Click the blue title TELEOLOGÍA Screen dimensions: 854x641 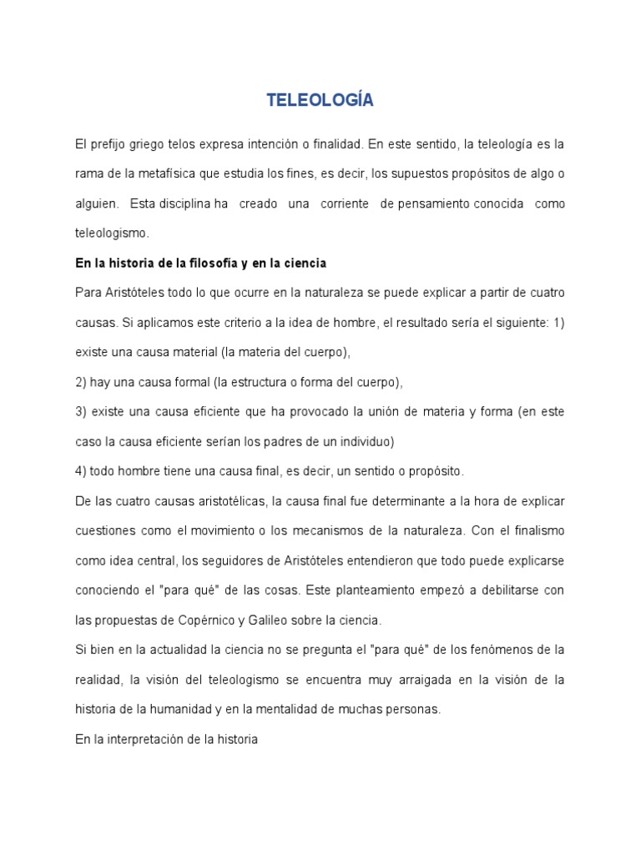tap(320, 101)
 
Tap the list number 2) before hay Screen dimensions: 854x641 tap(81, 382)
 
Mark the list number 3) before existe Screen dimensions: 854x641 tap(81, 411)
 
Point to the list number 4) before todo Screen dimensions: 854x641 tap(81, 471)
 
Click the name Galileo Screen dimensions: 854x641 tap(295, 620)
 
